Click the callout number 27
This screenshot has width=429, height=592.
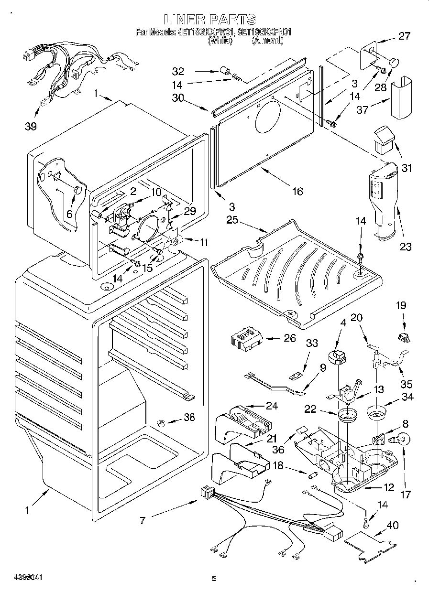pos(405,36)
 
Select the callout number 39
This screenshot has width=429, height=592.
pos(31,126)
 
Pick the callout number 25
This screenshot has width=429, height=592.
pos(232,220)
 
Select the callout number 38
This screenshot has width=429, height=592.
pos(189,417)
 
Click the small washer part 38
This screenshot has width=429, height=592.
pos(161,422)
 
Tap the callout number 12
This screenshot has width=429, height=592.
pos(388,487)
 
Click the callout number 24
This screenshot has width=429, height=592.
pos(272,406)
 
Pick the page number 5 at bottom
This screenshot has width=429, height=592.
pos(214,579)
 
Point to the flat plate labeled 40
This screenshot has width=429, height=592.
pos(371,545)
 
